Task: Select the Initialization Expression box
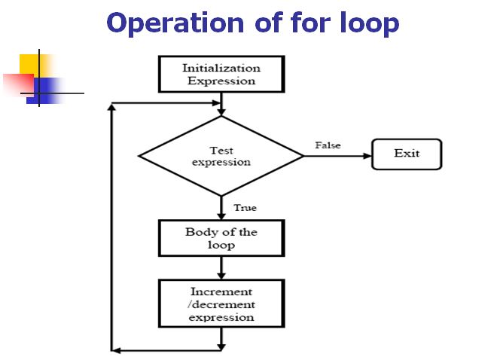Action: (x=220, y=74)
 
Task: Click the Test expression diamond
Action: (x=221, y=156)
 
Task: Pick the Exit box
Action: (x=407, y=154)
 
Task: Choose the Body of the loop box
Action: (x=221, y=238)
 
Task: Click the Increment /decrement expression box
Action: (x=221, y=304)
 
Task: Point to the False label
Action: (x=328, y=145)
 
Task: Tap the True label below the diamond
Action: (x=245, y=207)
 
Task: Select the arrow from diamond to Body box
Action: (x=221, y=208)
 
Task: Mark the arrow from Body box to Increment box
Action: (x=221, y=267)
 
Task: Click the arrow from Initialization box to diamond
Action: (x=221, y=105)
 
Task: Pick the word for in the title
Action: (x=294, y=23)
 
